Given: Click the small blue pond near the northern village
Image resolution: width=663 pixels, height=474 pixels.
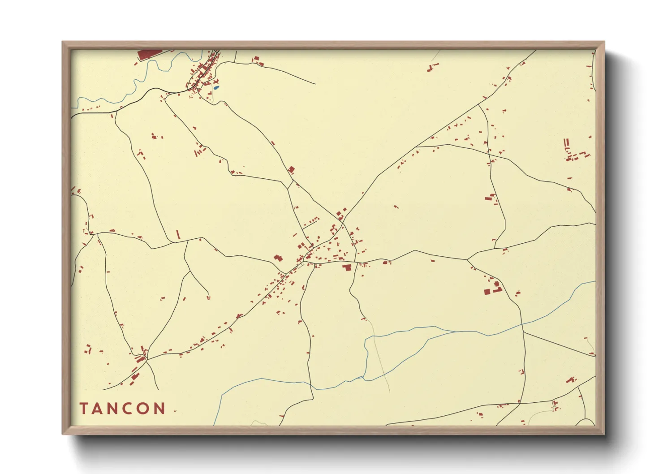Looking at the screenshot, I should (x=216, y=88).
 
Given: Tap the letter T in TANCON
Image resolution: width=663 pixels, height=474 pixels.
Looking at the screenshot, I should (x=84, y=409).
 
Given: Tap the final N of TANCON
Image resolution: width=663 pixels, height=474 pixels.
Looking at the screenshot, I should (x=160, y=409).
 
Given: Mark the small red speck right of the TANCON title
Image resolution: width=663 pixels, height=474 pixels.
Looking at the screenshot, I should (x=175, y=411).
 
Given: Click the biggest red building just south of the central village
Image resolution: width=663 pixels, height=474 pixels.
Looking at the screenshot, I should (x=346, y=267).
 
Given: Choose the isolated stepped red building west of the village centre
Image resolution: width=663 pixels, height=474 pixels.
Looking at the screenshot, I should (x=278, y=258).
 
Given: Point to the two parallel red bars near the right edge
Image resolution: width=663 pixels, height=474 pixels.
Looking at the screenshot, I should (x=567, y=143).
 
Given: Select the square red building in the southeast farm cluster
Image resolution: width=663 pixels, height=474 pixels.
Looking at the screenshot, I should (x=487, y=292).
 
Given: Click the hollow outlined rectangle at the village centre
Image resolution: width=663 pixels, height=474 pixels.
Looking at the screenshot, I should (x=300, y=266).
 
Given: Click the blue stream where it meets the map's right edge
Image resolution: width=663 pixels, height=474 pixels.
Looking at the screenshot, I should (x=594, y=282).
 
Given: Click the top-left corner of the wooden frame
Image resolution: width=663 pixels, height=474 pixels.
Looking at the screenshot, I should (x=63, y=42).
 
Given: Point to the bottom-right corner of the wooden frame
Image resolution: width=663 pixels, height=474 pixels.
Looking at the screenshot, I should (x=604, y=434).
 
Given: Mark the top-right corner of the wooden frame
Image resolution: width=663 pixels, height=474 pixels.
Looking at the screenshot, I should (x=604, y=42).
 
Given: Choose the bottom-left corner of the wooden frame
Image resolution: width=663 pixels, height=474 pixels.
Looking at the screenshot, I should (x=63, y=434).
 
